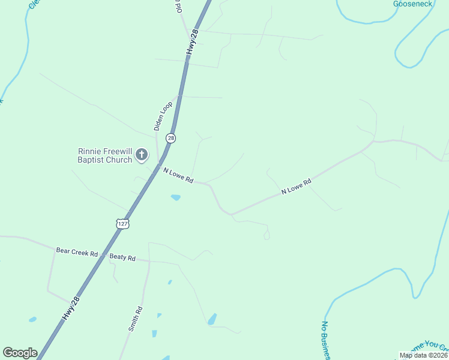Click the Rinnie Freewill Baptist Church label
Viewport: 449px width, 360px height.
(105, 156)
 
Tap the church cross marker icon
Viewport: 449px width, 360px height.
(142, 155)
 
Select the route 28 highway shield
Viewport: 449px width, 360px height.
(171, 138)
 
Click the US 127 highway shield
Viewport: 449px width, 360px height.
(122, 224)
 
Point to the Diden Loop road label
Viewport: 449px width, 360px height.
(163, 116)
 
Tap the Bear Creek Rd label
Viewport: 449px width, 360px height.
(77, 253)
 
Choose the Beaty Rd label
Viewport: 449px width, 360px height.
(122, 257)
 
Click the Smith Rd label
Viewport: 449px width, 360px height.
(136, 319)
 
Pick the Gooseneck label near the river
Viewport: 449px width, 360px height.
(412, 4)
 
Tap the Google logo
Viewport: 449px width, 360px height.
(20, 353)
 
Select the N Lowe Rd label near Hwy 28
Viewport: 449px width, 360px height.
(178, 175)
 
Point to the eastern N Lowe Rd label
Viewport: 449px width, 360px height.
(297, 187)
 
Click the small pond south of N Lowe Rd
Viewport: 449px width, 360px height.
(175, 197)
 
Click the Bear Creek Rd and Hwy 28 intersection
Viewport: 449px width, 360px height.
(103, 256)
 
